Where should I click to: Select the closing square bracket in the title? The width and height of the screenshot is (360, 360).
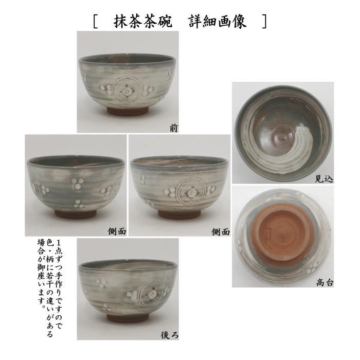263,22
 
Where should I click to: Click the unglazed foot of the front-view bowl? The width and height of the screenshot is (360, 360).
128,112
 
